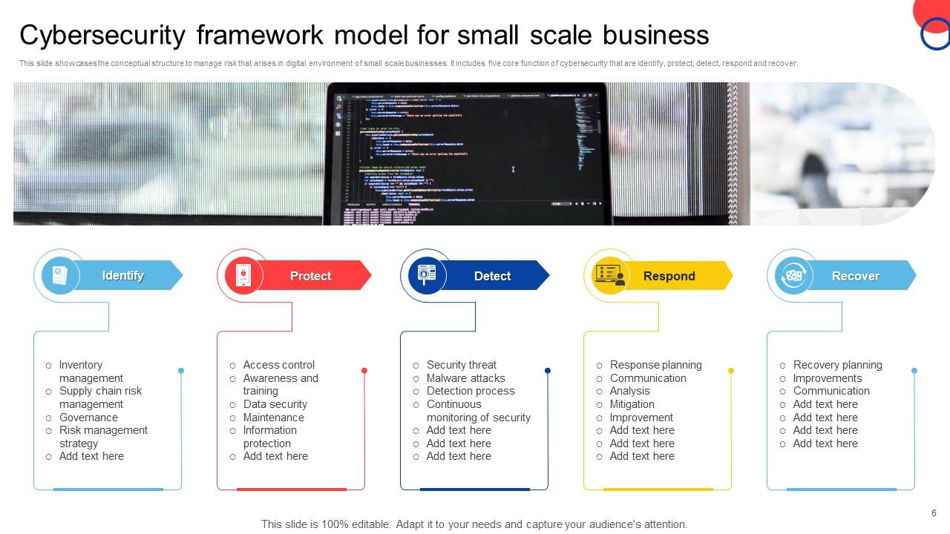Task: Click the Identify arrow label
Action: (x=123, y=275)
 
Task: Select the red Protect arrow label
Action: (x=311, y=276)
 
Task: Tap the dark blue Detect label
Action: (x=493, y=276)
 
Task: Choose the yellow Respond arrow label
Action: (x=669, y=276)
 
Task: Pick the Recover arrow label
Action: (x=856, y=276)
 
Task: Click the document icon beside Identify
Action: (x=56, y=276)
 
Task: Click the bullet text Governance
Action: (x=88, y=418)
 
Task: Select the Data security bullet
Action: (x=275, y=404)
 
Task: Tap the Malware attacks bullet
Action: (x=465, y=378)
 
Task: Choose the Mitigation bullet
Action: (x=632, y=404)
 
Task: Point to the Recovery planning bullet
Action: (x=837, y=365)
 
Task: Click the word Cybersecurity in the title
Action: (x=102, y=35)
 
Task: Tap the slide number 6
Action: (x=934, y=513)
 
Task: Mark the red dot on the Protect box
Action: (x=364, y=370)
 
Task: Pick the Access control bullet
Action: (x=278, y=365)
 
